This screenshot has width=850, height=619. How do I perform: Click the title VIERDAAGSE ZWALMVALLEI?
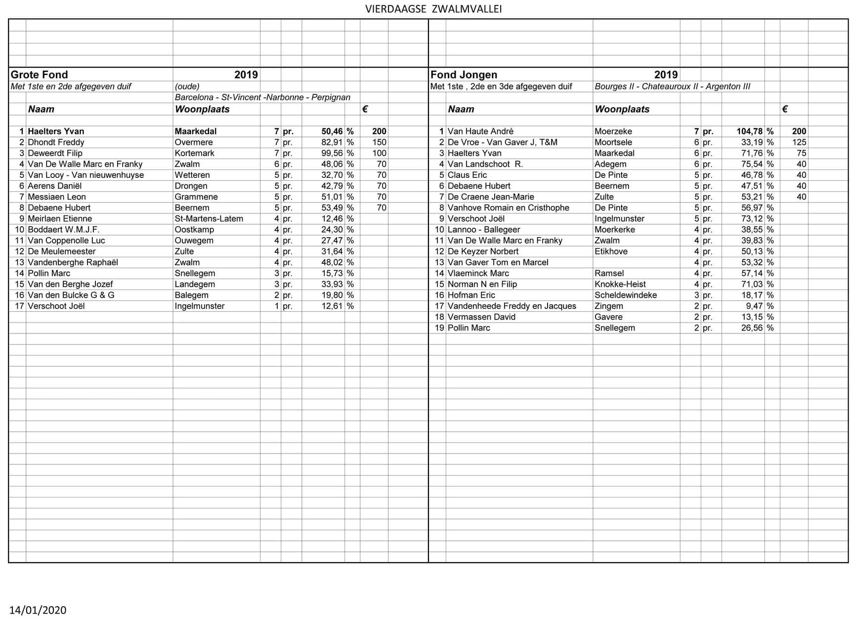pos(433,9)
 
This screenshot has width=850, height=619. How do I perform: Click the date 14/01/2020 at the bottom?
pos(38,610)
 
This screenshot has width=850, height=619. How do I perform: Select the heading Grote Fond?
pos(40,75)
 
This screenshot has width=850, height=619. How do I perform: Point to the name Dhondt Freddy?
pos(56,142)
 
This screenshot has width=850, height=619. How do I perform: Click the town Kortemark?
pos(194,153)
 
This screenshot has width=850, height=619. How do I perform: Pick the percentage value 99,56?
pos(332,153)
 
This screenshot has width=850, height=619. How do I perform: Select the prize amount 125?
pos(799,142)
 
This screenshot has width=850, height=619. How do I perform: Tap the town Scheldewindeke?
pos(626,295)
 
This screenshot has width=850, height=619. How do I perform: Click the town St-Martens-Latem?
pos(209,218)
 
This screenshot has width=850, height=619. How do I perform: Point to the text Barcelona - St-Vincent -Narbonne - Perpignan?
pos(262,97)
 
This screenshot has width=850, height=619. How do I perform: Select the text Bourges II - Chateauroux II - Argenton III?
pos(672,86)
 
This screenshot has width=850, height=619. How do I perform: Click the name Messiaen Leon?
pos(57,197)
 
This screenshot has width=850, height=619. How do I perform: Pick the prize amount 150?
pos(379,142)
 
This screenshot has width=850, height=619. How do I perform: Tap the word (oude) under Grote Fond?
pos(187,86)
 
